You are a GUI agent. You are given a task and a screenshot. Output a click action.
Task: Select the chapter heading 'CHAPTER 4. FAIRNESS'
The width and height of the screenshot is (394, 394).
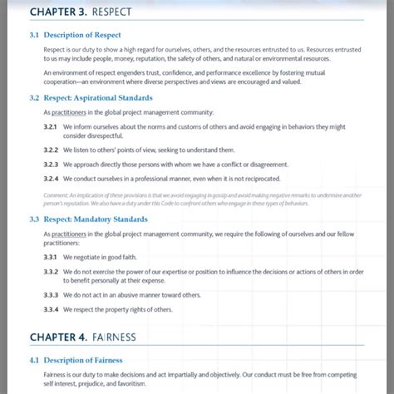(82, 337)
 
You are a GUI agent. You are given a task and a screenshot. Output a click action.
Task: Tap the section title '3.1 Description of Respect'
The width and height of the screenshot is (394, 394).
(75, 35)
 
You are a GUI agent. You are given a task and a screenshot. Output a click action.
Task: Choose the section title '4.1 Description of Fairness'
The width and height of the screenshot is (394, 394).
(76, 360)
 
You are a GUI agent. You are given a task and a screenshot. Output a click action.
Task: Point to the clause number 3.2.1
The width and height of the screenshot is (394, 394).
(50, 126)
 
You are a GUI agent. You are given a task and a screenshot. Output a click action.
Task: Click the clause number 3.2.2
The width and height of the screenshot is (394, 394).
(50, 150)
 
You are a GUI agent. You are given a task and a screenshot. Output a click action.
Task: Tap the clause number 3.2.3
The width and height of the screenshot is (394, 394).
(50, 165)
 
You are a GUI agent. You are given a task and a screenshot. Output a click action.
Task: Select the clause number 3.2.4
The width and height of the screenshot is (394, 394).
(50, 179)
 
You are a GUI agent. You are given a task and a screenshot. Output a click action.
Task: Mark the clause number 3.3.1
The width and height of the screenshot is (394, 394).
(50, 258)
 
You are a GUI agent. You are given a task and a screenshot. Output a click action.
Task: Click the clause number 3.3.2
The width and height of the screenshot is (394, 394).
(50, 272)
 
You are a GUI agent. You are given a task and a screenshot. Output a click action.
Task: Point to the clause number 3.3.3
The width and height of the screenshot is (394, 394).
(50, 295)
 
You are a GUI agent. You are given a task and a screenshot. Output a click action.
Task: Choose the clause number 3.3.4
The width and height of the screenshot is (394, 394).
(50, 309)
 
